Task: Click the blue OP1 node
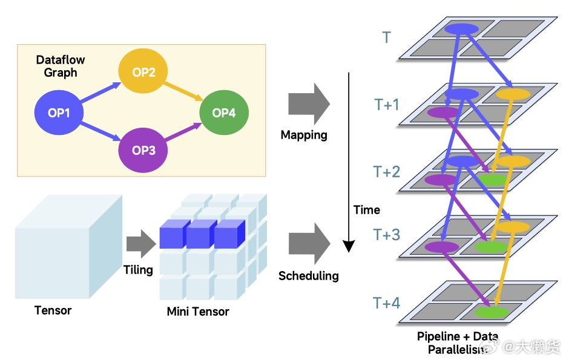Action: tap(59, 112)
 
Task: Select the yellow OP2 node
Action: tap(143, 73)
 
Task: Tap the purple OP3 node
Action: tap(143, 150)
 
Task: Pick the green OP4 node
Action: tap(223, 113)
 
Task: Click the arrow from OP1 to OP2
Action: tap(101, 93)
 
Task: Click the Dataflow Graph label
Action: tap(61, 66)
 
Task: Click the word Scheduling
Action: tap(308, 276)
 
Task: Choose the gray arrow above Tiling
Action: tap(141, 243)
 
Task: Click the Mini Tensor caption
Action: tap(198, 312)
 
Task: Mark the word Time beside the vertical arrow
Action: tap(367, 210)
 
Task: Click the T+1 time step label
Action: tap(387, 105)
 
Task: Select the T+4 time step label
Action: tap(387, 303)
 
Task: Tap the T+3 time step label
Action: tap(387, 235)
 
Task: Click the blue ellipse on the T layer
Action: tap(462, 28)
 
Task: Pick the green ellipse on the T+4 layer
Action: tap(491, 312)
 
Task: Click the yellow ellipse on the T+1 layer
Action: tap(513, 94)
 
